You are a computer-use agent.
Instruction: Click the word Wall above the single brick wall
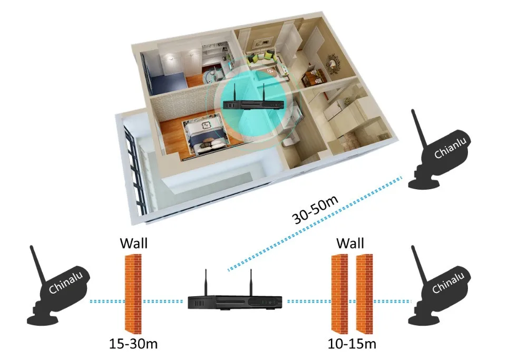133,244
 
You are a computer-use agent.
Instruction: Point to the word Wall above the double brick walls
350,244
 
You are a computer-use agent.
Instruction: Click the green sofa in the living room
262,57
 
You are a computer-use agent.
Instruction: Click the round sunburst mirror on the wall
334,63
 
